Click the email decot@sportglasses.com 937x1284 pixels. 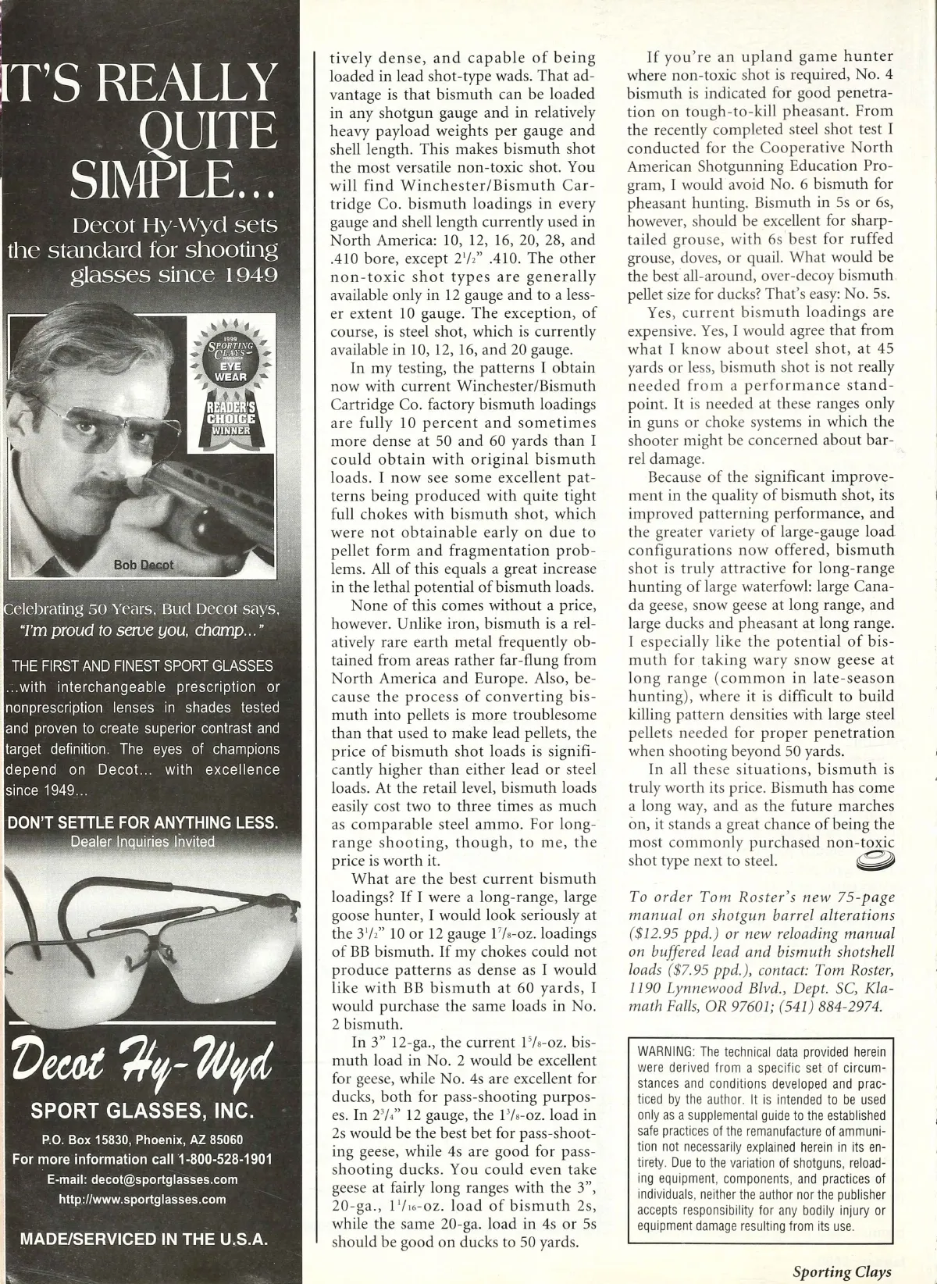point(164,1179)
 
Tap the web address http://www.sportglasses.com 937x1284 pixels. point(143,1199)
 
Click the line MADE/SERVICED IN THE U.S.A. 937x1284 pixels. point(143,1238)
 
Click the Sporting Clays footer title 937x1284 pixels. point(842,1271)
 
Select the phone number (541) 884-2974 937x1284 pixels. point(834,1006)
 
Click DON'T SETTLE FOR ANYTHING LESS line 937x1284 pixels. point(141,822)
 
